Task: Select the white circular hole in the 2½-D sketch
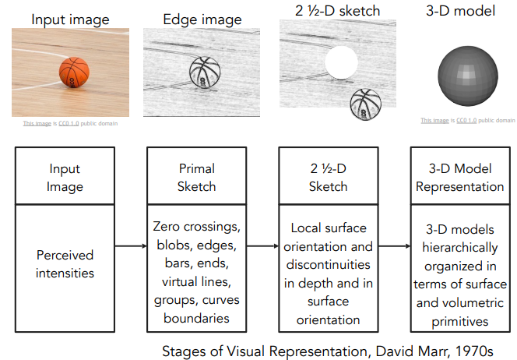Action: (x=340, y=62)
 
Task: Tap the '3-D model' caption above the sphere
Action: (x=467, y=11)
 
